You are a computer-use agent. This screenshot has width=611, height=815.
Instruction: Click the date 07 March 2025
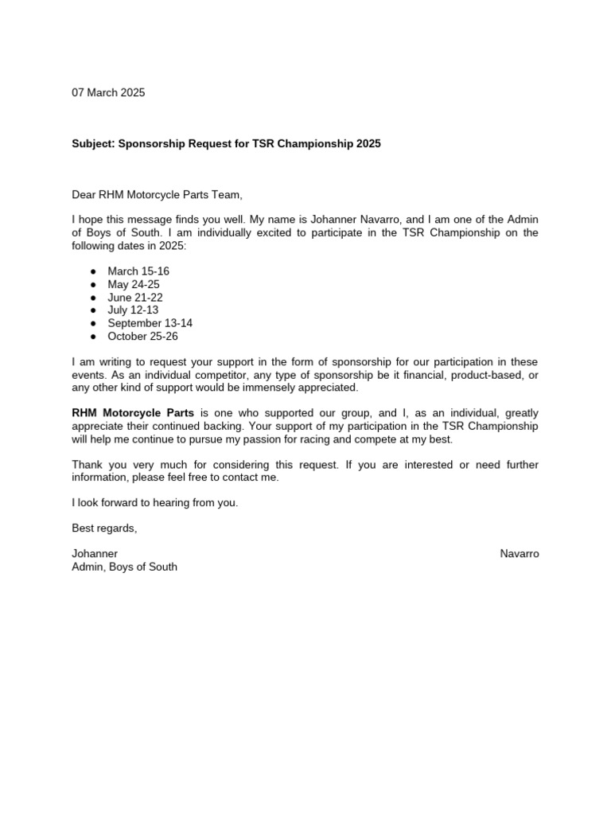click(108, 92)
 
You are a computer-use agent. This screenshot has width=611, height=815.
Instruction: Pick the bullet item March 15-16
click(138, 271)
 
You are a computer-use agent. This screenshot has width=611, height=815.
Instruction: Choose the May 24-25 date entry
click(134, 284)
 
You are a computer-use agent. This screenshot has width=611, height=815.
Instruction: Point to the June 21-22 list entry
click(135, 298)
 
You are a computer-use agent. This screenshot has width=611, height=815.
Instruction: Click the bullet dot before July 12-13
click(93, 310)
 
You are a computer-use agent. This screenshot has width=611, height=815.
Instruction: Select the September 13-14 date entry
click(150, 323)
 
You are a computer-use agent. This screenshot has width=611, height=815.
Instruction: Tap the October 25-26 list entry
click(142, 336)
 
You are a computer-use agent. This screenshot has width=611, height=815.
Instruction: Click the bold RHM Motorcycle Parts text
click(133, 413)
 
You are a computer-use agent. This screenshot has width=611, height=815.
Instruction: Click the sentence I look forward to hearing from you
click(155, 503)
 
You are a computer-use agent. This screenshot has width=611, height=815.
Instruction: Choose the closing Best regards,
click(104, 528)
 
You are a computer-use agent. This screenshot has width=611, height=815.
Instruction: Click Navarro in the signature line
click(519, 554)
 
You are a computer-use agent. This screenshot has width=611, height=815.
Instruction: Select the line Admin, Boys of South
click(125, 567)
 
